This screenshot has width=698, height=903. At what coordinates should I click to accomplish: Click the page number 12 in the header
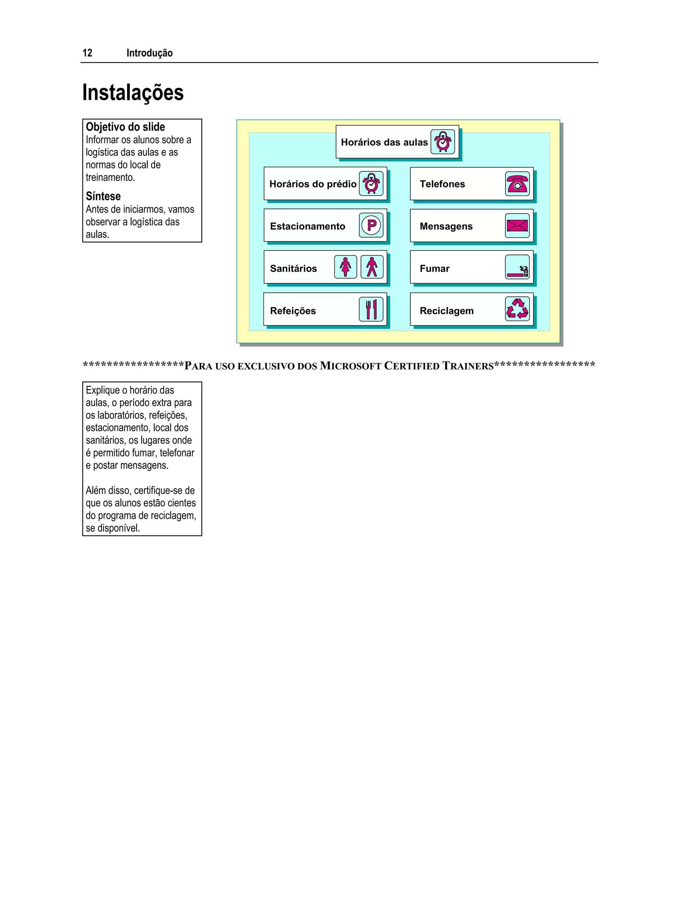click(87, 53)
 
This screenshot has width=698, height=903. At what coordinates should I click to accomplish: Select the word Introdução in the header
click(149, 53)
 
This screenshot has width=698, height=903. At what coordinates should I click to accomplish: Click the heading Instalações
click(133, 92)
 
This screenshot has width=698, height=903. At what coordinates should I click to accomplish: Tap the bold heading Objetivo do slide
click(125, 127)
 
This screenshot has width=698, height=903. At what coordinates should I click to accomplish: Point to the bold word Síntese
click(103, 196)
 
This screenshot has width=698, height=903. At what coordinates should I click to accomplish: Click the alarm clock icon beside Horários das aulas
click(442, 142)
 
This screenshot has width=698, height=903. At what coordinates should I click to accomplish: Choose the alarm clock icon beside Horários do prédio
click(371, 184)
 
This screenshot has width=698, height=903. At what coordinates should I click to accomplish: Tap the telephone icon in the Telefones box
click(517, 184)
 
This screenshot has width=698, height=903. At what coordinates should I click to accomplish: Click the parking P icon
click(371, 225)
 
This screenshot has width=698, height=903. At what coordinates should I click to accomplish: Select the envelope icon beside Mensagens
click(517, 226)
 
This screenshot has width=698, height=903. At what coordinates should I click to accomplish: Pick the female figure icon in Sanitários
click(345, 267)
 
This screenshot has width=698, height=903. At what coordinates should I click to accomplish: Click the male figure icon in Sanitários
click(372, 267)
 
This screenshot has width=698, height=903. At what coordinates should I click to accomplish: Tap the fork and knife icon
click(371, 309)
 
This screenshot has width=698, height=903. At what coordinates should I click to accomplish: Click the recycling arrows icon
click(517, 309)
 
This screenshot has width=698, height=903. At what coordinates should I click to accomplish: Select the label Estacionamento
click(307, 226)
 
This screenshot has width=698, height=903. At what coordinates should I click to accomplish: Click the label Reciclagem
click(446, 310)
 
